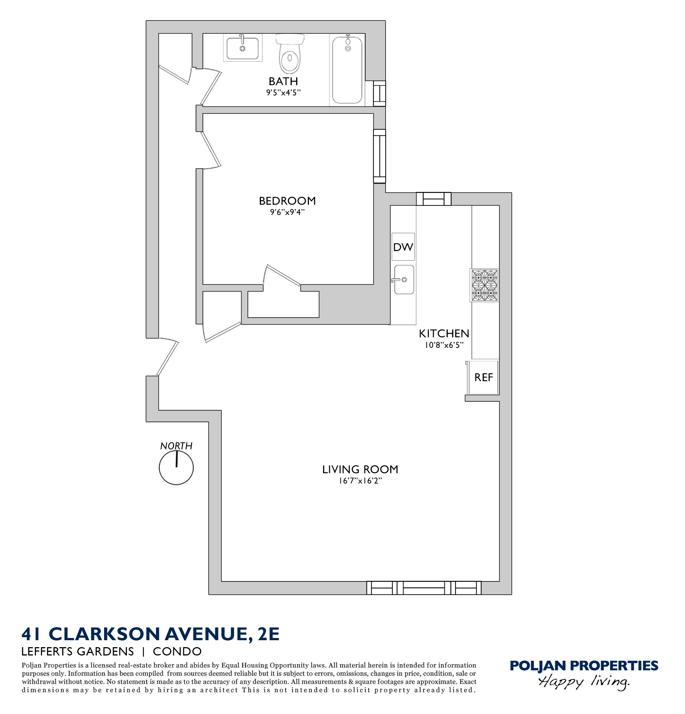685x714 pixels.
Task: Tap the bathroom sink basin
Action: tap(242, 48)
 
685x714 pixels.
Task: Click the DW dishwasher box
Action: tap(403, 247)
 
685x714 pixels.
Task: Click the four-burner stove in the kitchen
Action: tap(484, 285)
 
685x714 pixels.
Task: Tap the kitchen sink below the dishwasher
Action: tap(404, 279)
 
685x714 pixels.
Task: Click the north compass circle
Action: tap(176, 468)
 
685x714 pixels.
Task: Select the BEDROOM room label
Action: tap(287, 201)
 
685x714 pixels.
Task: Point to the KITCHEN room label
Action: tap(444, 333)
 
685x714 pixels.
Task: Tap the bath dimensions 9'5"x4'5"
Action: tap(283, 93)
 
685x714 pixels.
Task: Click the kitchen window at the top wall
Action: tap(434, 199)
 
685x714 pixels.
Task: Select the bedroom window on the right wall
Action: tap(379, 156)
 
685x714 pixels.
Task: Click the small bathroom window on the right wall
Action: tap(379, 93)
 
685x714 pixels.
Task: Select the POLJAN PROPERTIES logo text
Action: tap(583, 665)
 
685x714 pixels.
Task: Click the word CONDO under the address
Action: tap(177, 651)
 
